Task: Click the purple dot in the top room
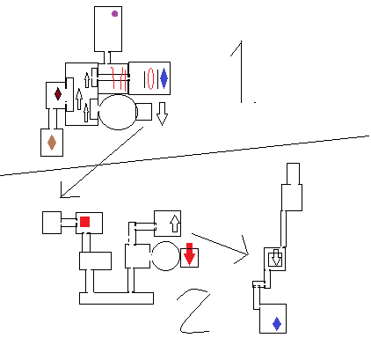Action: [x=114, y=13]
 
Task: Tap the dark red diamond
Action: [x=58, y=94]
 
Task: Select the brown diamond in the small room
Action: [x=52, y=143]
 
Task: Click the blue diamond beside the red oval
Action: [x=164, y=78]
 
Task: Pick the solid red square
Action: [x=84, y=222]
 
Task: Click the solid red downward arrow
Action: [x=189, y=254]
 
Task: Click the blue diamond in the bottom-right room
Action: [x=277, y=324]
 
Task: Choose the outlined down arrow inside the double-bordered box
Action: [x=275, y=258]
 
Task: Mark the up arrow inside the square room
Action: [x=175, y=224]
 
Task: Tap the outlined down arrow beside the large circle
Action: [x=162, y=114]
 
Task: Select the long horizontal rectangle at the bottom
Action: [x=116, y=298]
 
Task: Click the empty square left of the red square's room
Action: [x=52, y=223]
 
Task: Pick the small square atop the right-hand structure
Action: [x=293, y=173]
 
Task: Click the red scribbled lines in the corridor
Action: [x=119, y=78]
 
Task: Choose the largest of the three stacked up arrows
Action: [x=79, y=99]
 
